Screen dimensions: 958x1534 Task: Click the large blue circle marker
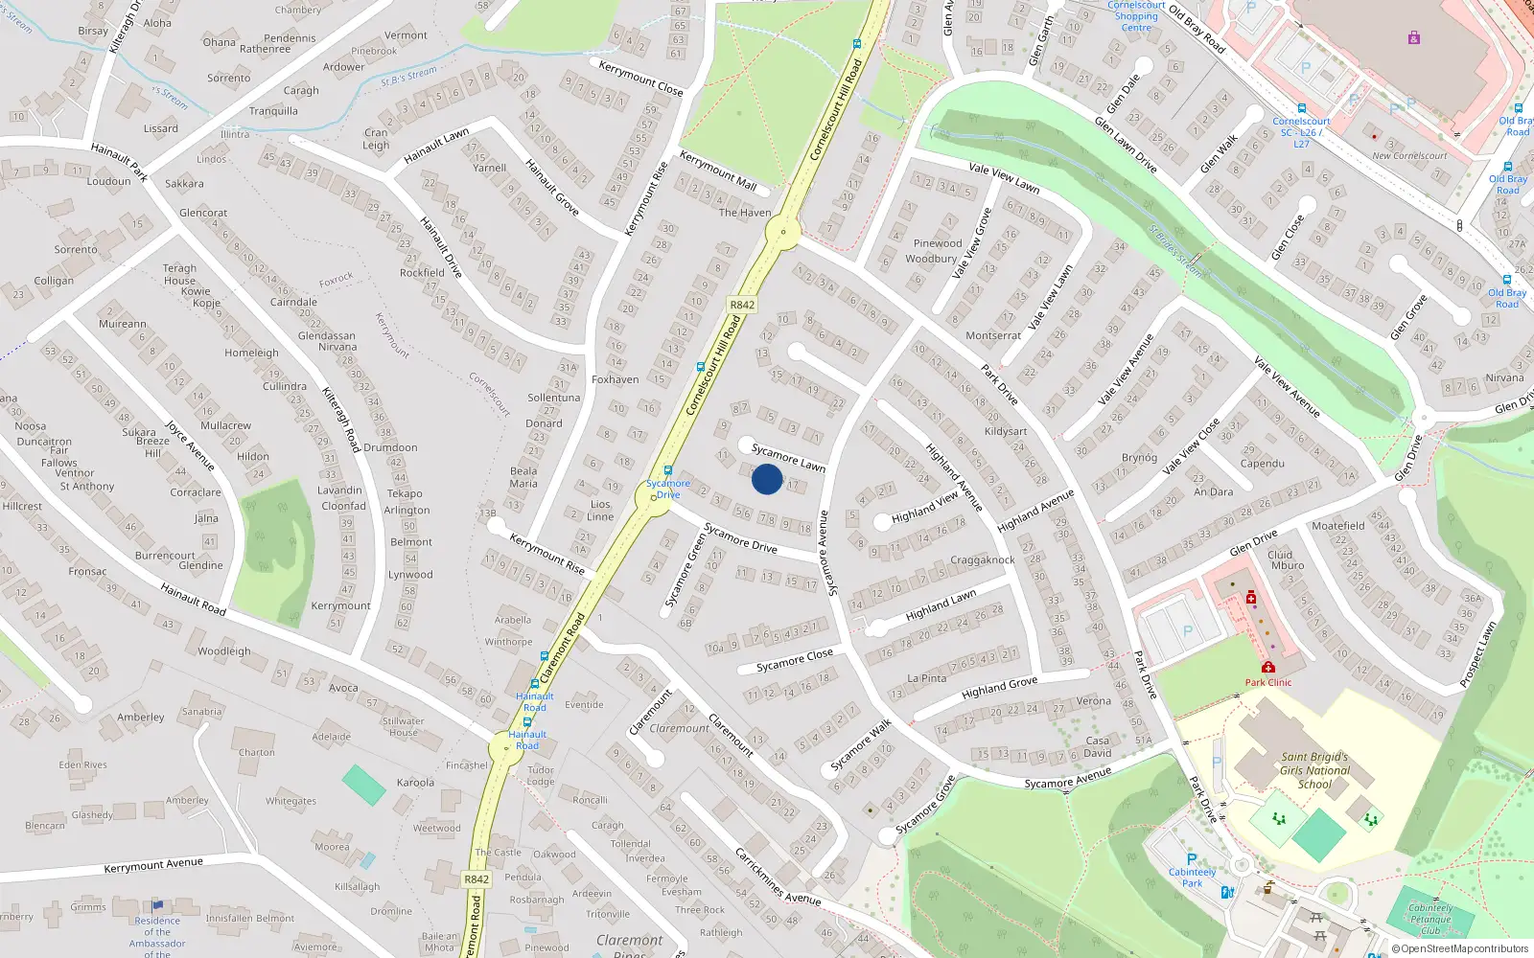pyautogui.click(x=767, y=479)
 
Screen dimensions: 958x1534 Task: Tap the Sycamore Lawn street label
pyautogui.click(x=788, y=458)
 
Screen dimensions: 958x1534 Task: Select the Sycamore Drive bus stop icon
pyautogui.click(x=668, y=470)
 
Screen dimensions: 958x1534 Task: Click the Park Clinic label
pyautogui.click(x=1267, y=682)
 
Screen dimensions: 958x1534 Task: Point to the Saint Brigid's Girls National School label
pyautogui.click(x=1314, y=770)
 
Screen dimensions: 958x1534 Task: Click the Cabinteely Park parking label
pyautogui.click(x=1192, y=877)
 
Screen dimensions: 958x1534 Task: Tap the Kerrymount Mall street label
pyautogui.click(x=718, y=170)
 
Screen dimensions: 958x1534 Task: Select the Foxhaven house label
pyautogui.click(x=615, y=379)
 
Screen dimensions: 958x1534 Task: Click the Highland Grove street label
pyautogui.click(x=999, y=687)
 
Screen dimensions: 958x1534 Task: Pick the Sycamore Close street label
pyautogui.click(x=795, y=660)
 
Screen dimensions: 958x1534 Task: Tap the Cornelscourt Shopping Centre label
pyautogui.click(x=1136, y=16)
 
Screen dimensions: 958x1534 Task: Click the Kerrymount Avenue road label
pyautogui.click(x=153, y=864)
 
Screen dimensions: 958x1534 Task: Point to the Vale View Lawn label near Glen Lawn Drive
pyautogui.click(x=1004, y=178)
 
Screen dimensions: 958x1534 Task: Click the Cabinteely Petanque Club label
pyautogui.click(x=1430, y=919)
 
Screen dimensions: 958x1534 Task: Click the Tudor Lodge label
pyautogui.click(x=541, y=775)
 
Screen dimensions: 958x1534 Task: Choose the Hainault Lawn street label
pyautogui.click(x=436, y=146)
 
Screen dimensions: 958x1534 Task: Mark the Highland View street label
pyautogui.click(x=924, y=508)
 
